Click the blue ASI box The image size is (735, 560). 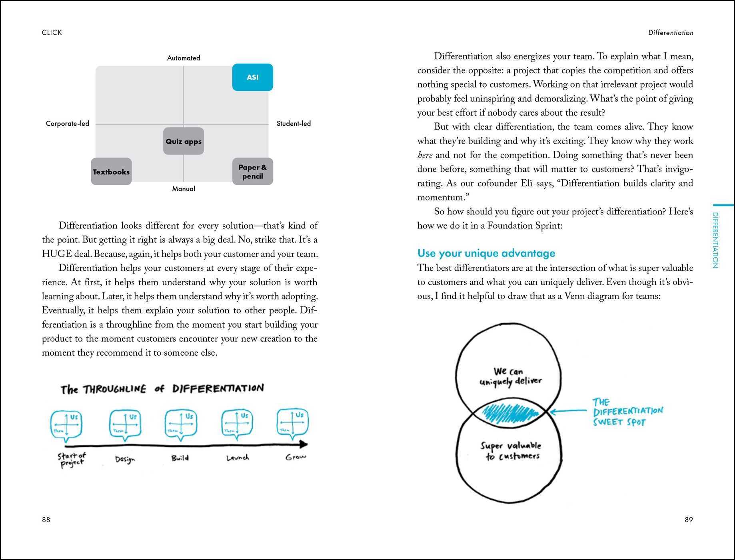click(x=252, y=77)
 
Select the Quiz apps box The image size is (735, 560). click(x=184, y=141)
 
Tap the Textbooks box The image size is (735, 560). click(x=111, y=172)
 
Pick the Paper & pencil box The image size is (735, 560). click(x=252, y=172)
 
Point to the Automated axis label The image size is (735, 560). click(x=184, y=58)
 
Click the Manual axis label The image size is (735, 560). click(x=184, y=189)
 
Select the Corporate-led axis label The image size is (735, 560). click(x=67, y=124)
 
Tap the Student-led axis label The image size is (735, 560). click(x=294, y=124)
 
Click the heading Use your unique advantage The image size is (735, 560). click(x=486, y=253)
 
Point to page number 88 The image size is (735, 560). click(x=46, y=520)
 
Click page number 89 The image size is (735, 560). click(x=689, y=520)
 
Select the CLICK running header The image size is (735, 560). click(x=52, y=32)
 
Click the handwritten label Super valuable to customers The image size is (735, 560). click(x=511, y=451)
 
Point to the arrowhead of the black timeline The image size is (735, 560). click(x=304, y=444)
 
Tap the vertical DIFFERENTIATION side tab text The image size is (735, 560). click(x=715, y=240)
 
